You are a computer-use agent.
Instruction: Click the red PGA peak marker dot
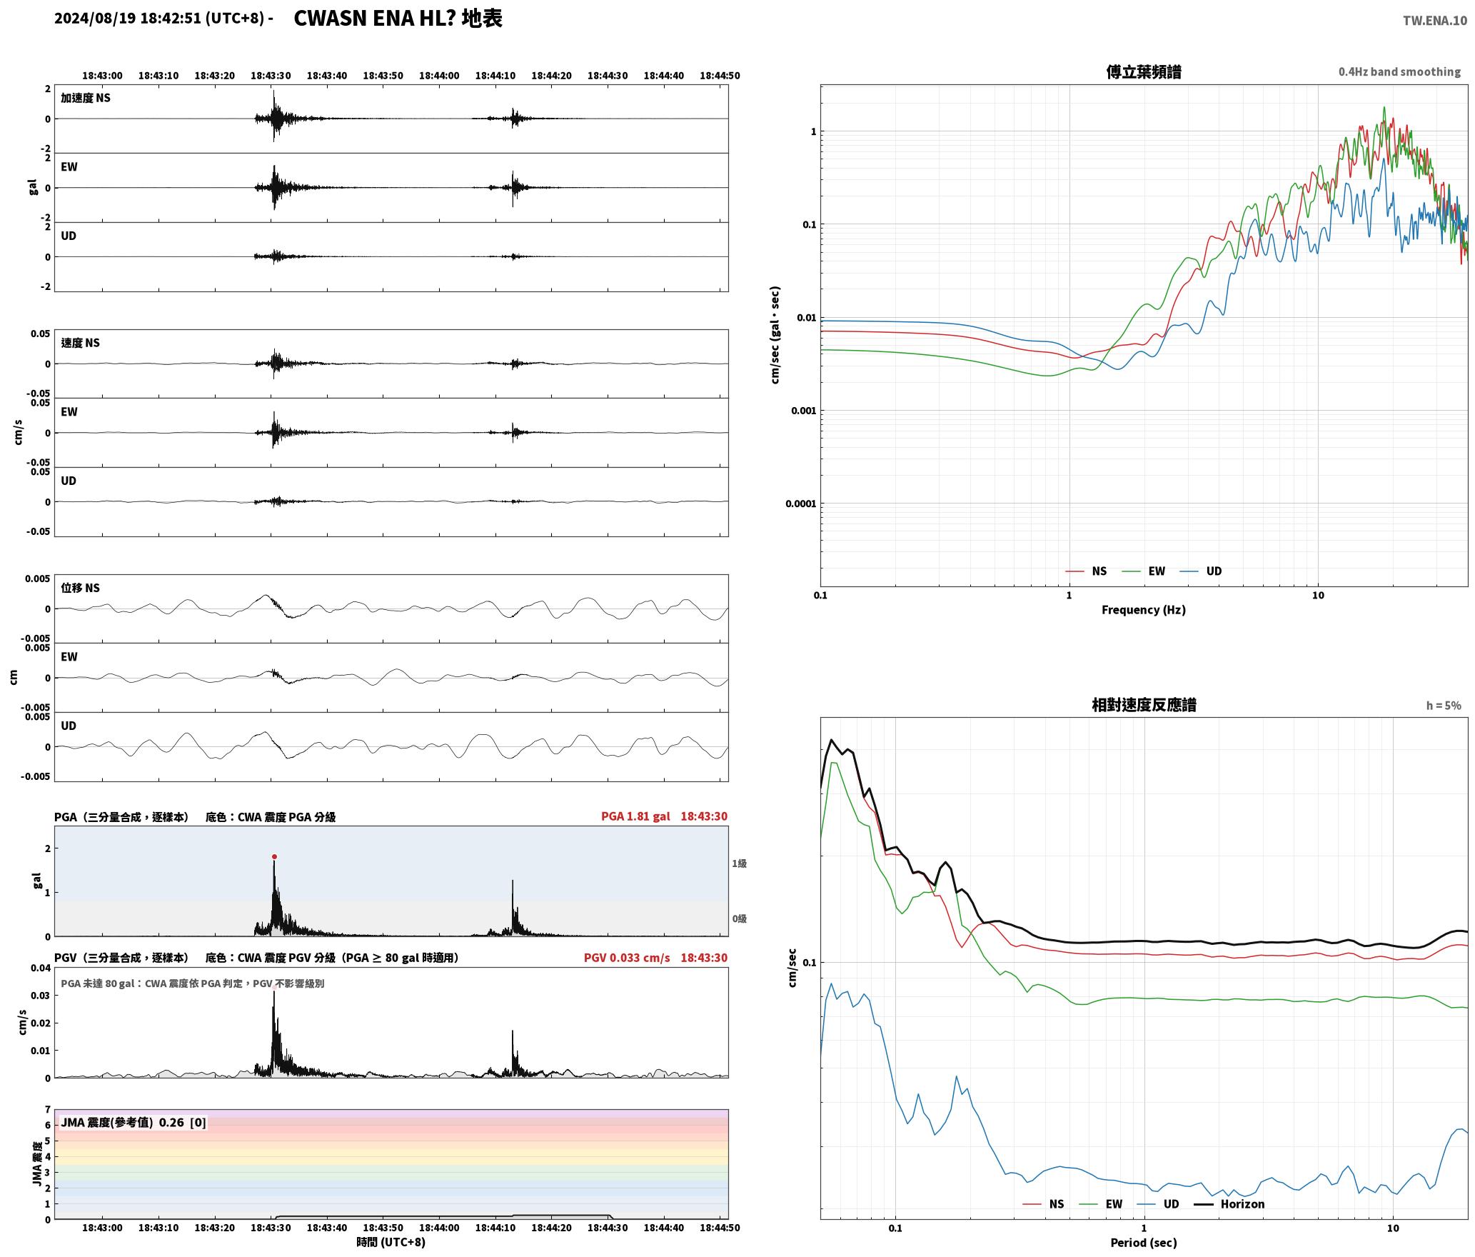(274, 856)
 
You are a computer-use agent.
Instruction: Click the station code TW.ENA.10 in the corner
(1435, 21)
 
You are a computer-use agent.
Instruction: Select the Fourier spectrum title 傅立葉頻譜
(1144, 71)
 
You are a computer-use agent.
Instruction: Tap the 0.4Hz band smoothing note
(1399, 71)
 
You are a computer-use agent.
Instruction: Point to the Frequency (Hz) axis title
(1144, 609)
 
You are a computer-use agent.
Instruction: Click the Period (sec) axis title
(1144, 1242)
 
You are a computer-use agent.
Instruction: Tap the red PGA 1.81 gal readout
(635, 816)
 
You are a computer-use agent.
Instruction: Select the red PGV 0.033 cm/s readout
(627, 957)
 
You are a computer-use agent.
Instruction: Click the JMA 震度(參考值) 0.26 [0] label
(134, 1122)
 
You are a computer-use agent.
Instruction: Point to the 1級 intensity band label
(739, 863)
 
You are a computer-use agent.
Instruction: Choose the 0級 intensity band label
(739, 918)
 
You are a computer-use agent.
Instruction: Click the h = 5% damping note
(1444, 706)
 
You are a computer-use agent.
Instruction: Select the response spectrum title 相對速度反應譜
(1144, 705)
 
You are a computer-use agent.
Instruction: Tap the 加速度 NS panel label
(86, 98)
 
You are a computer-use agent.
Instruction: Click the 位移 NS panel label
(80, 588)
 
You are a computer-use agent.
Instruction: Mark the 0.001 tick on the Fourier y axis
(803, 411)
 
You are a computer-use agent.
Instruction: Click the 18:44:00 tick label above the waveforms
(439, 75)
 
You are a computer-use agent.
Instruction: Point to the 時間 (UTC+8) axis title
(391, 1242)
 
